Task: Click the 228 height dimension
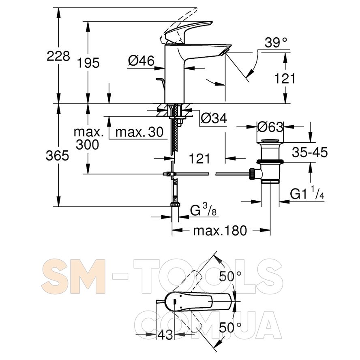tap(58, 56)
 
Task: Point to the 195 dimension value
tap(88, 63)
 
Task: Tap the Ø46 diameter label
tap(141, 61)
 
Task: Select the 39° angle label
tap(276, 43)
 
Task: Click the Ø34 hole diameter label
tap(214, 118)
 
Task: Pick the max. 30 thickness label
tap(139, 132)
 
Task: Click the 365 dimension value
tap(58, 156)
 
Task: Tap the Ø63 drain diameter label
tap(270, 127)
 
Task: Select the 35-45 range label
tap(310, 152)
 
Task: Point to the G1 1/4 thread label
tap(307, 193)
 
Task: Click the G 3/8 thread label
tap(204, 210)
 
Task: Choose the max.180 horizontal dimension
tap(220, 231)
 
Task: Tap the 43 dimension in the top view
tap(165, 334)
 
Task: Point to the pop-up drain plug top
tap(270, 141)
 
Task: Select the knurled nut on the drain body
tap(251, 174)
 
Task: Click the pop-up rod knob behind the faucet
tap(159, 79)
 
